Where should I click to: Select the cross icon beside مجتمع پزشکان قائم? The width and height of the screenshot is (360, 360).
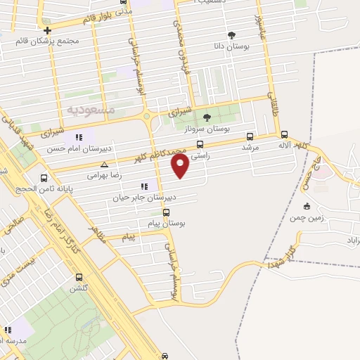pyautogui.click(x=47, y=30)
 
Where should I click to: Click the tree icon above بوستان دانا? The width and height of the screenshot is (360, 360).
pyautogui.click(x=231, y=35)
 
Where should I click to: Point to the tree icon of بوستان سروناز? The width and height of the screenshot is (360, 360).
pyautogui.click(x=207, y=117)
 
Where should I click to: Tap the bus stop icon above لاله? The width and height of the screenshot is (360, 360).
pyautogui.click(x=284, y=134)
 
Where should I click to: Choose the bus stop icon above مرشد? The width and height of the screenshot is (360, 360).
pyautogui.click(x=250, y=137)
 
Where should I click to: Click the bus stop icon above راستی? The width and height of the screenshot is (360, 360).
pyautogui.click(x=200, y=146)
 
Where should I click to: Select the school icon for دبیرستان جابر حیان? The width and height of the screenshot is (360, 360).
pyautogui.click(x=144, y=186)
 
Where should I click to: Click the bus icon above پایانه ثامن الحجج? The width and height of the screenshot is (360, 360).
pyautogui.click(x=45, y=178)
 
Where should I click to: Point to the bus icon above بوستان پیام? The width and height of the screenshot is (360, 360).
pyautogui.click(x=167, y=212)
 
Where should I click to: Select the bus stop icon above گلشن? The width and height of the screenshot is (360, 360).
pyautogui.click(x=79, y=277)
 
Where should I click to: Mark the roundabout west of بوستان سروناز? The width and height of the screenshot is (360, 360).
pyautogui.click(x=147, y=117)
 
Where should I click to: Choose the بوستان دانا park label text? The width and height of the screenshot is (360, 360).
pyautogui.click(x=231, y=46)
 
